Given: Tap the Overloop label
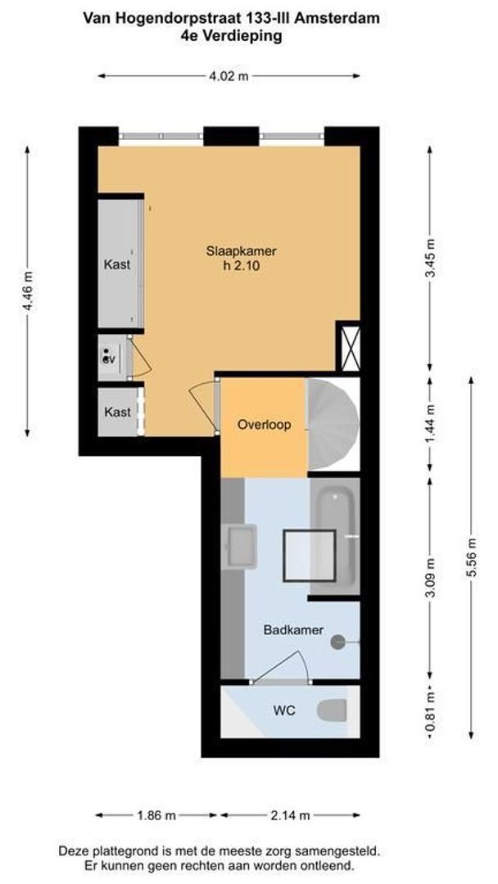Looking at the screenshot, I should point(264,425).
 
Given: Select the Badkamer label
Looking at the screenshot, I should point(293,629).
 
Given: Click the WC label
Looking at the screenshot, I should point(284,710).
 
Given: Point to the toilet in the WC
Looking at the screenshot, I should point(334,710).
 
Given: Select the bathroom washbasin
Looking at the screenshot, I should point(242,546).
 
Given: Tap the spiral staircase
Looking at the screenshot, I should point(332,426).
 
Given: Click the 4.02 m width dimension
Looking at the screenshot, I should point(229,76).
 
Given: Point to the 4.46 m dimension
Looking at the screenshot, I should point(29,291).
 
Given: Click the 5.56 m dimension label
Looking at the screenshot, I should point(470,557).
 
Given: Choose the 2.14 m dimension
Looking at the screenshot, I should point(290,815).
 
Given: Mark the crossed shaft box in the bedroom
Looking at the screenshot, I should point(349,347).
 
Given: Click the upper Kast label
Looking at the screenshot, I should point(117,264).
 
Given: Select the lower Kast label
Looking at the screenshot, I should point(117,412).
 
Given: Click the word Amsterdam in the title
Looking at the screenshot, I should point(342,17).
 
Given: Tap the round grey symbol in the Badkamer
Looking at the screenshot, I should point(337,643).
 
